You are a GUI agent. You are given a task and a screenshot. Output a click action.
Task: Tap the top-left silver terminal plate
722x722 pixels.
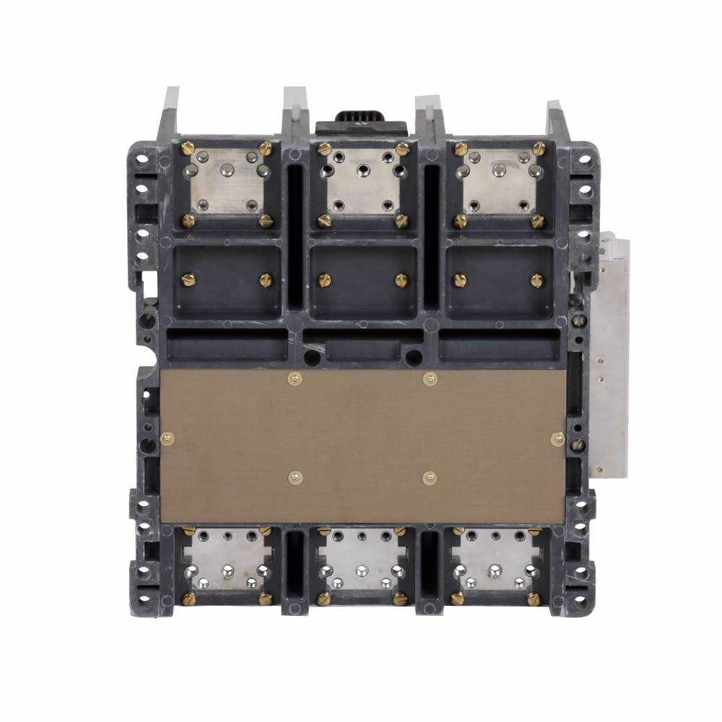(225, 183)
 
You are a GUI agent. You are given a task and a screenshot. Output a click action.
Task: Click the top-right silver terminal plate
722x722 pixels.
(498, 183)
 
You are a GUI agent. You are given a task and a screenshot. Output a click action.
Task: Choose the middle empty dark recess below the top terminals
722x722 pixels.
(360, 282)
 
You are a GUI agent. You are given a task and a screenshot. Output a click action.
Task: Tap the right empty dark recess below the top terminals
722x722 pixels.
(498, 282)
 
